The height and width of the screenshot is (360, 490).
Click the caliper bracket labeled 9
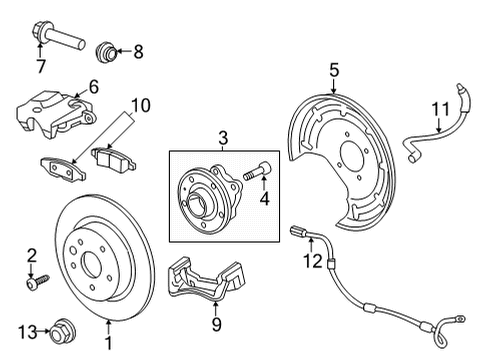click(x=208, y=291)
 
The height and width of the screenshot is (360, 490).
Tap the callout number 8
click(x=137, y=50)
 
